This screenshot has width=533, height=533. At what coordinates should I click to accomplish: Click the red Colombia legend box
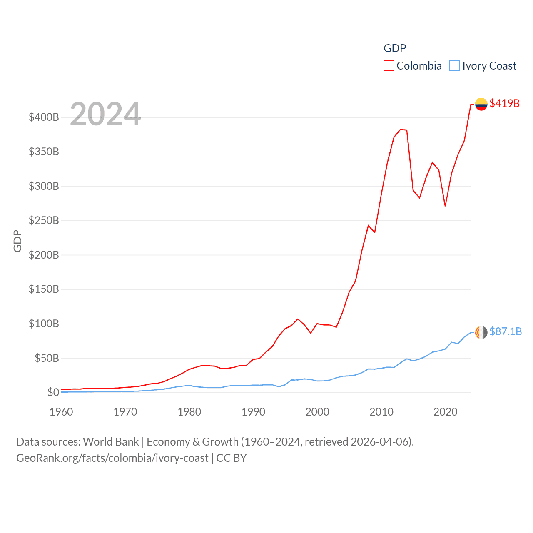[x=389, y=66]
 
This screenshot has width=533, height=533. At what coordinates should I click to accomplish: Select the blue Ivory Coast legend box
[x=454, y=66]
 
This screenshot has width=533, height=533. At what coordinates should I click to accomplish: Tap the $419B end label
[x=504, y=103]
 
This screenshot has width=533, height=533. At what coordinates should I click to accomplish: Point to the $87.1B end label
[x=505, y=331]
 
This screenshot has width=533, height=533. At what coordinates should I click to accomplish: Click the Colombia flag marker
[x=481, y=104]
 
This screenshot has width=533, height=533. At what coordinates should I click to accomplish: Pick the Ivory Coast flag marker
[x=481, y=332]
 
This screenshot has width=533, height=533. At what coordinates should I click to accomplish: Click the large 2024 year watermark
[x=105, y=114]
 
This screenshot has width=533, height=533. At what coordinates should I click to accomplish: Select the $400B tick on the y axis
[x=44, y=117]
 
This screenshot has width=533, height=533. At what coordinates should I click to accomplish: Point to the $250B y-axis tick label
[x=44, y=220]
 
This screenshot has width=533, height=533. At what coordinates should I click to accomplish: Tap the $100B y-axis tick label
[x=44, y=324]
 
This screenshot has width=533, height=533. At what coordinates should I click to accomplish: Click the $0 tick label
[x=53, y=392]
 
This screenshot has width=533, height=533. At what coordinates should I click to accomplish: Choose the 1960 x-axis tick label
[x=61, y=412]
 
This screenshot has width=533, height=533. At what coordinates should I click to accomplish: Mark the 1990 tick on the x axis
[x=253, y=412]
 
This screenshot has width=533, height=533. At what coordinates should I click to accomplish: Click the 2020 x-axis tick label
[x=445, y=412]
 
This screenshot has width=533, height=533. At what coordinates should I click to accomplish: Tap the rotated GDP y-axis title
[x=17, y=241]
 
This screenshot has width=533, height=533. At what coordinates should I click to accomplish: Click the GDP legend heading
[x=394, y=48]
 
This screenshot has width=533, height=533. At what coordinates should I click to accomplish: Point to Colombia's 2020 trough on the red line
[x=445, y=206]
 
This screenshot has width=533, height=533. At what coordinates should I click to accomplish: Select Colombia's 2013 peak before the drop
[x=401, y=130]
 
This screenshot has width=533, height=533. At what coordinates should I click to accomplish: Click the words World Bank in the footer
[x=111, y=441]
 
